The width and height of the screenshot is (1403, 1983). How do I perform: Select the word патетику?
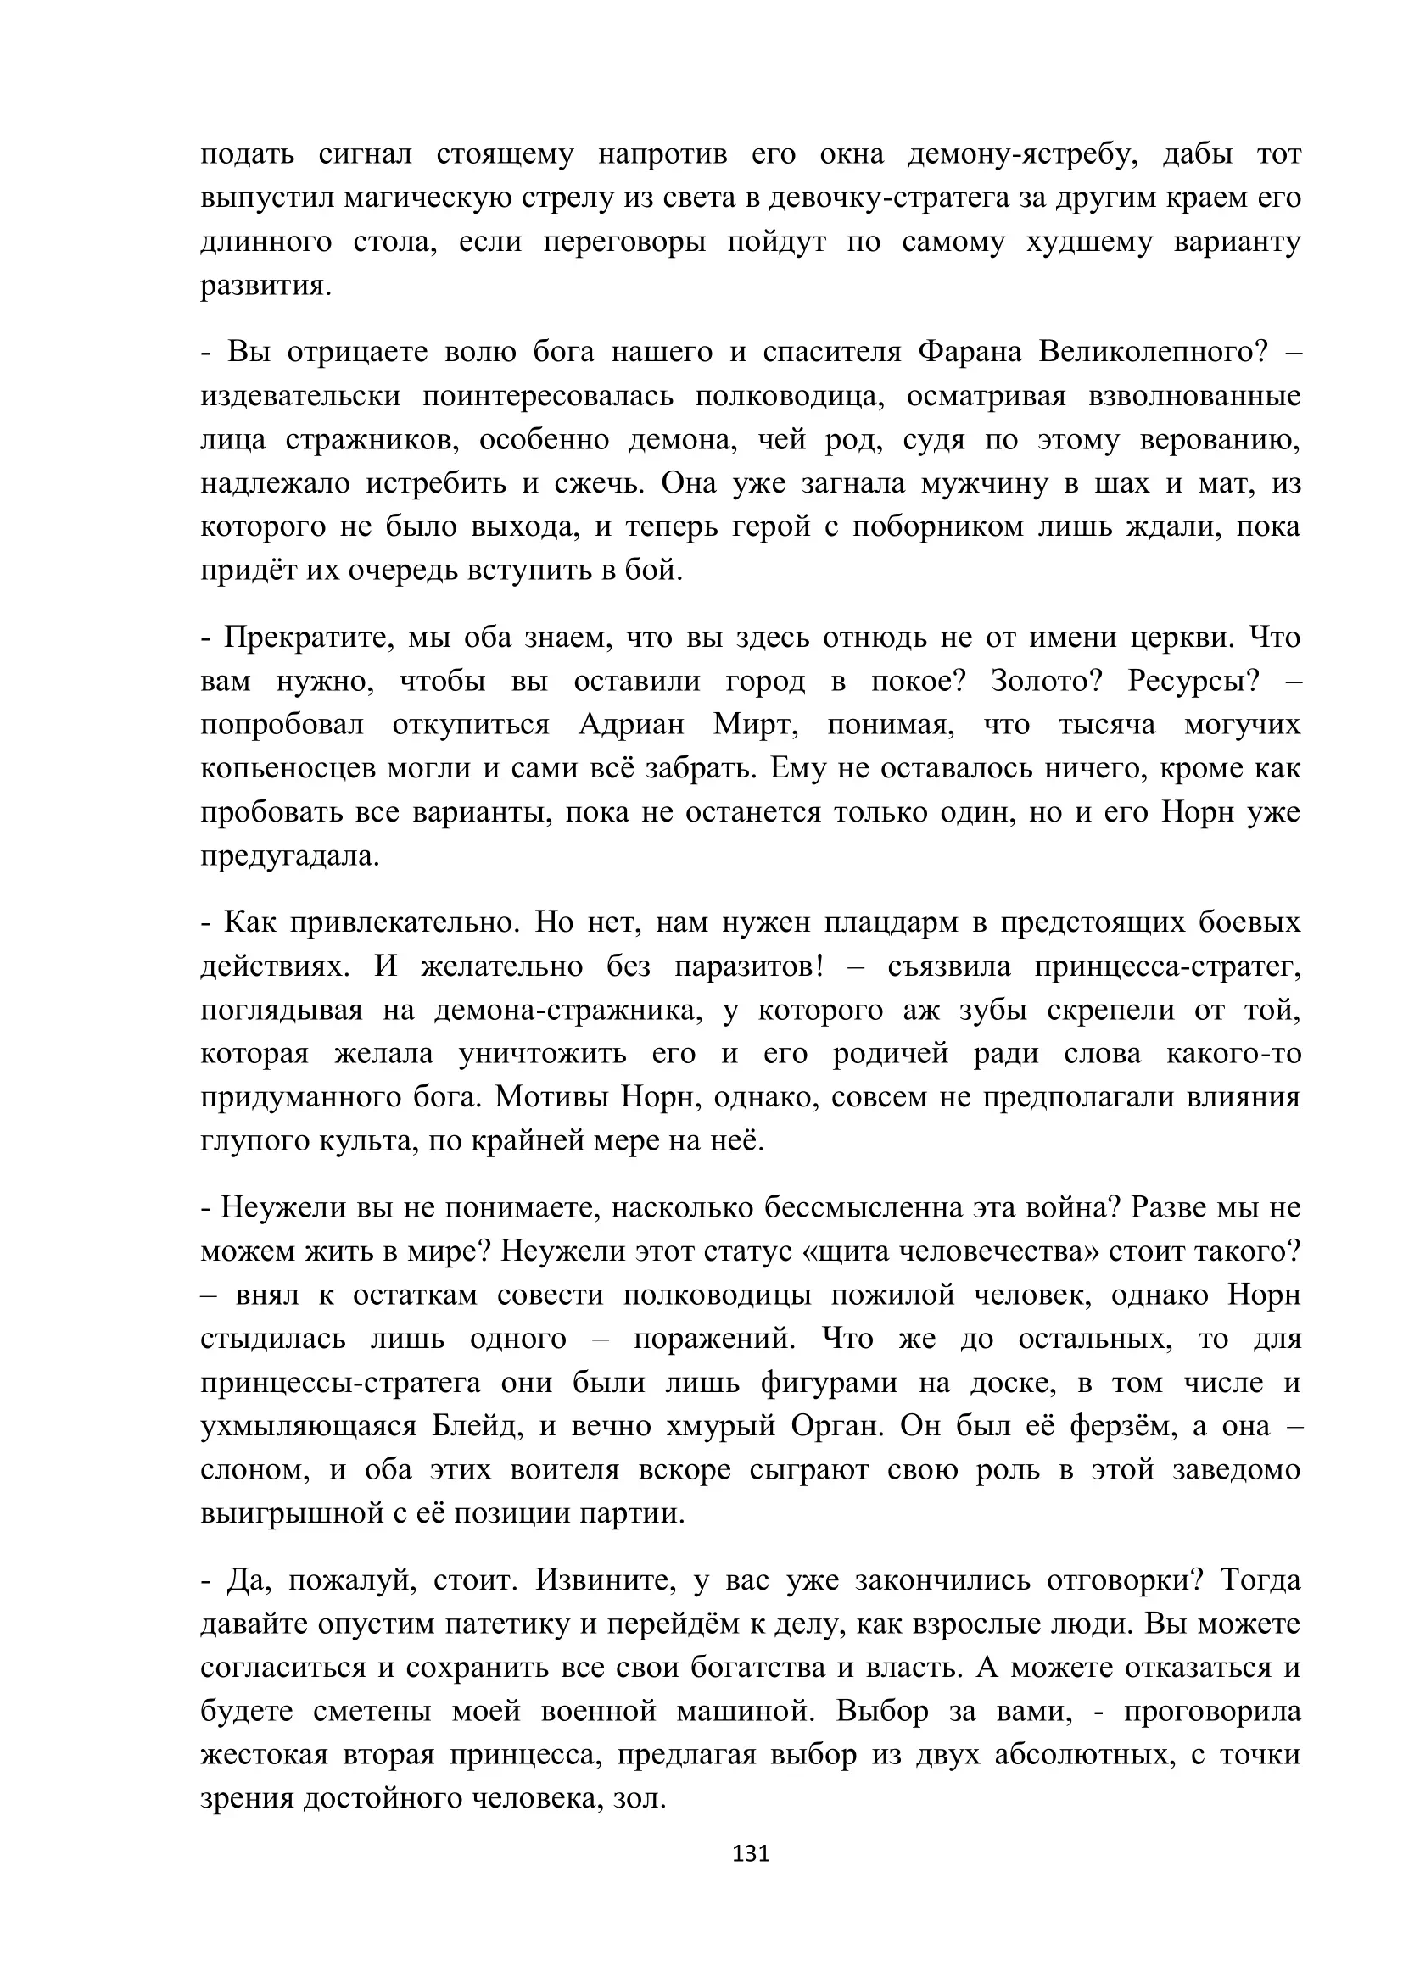click(x=507, y=1624)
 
